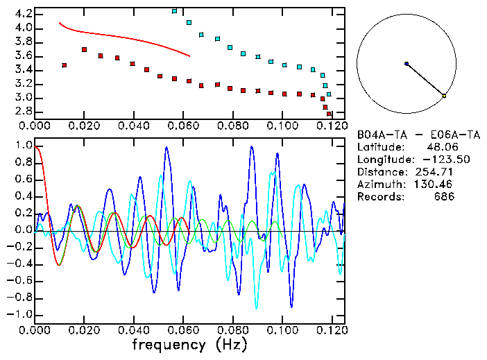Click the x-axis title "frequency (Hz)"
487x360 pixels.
(x=189, y=345)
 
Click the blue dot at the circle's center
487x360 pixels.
(x=407, y=64)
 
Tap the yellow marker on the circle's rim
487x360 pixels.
(x=444, y=95)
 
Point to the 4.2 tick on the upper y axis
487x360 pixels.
(x=23, y=14)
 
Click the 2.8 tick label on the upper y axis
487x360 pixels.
(x=23, y=112)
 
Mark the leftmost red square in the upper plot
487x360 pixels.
(x=65, y=65)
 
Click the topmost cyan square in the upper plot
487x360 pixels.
(x=175, y=11)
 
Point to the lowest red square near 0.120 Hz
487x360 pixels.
(x=329, y=114)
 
